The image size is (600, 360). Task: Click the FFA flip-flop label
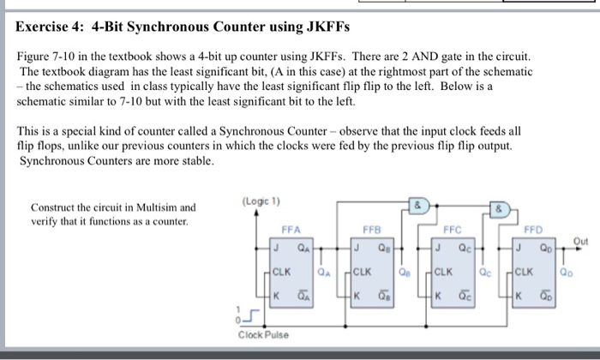pos(292,230)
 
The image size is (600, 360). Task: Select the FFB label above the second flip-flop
pos(372,230)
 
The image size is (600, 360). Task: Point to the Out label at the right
pos(582,241)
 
